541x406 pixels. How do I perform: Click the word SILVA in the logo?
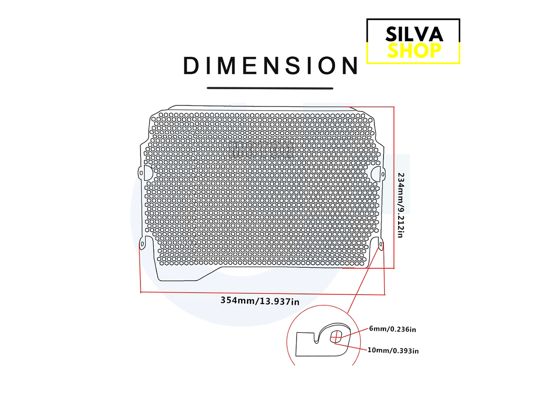point(414,34)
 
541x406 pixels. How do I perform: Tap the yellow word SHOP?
point(414,50)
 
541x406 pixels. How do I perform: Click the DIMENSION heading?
point(271,66)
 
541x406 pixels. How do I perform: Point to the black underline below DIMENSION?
point(270,88)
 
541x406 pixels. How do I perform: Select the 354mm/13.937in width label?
point(260,301)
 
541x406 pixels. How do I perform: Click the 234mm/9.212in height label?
point(401,205)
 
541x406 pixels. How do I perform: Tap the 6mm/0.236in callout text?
point(392,329)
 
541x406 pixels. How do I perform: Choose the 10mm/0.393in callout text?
point(393,350)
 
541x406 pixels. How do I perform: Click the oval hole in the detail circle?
point(336,336)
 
